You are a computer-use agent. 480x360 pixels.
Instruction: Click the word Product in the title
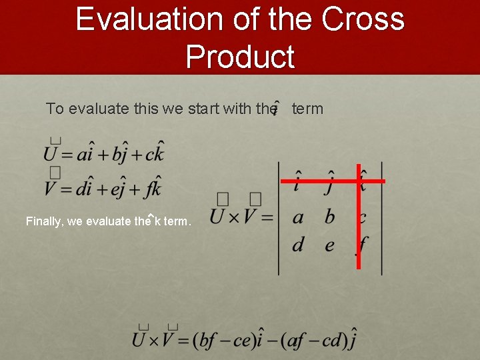240,57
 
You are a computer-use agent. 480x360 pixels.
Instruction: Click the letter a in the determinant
298,217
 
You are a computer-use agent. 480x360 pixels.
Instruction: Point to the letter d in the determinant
298,244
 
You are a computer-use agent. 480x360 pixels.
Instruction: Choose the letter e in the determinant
330,245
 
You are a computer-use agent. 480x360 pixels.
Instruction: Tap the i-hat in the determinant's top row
297,182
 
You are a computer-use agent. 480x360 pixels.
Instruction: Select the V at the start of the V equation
53,187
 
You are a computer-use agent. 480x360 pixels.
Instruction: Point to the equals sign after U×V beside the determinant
266,217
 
